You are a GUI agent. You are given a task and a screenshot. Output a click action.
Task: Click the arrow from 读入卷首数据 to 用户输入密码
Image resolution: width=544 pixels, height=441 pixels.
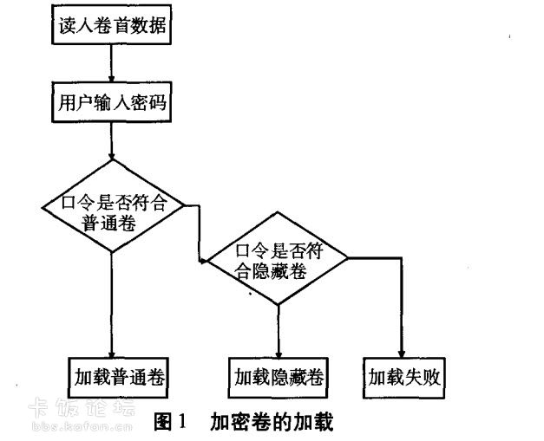coord(111,63)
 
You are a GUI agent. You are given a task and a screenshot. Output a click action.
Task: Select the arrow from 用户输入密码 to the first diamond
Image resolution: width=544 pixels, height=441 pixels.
coord(111,141)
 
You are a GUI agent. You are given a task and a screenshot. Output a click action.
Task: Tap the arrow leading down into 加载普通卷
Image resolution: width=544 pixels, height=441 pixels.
coord(111,305)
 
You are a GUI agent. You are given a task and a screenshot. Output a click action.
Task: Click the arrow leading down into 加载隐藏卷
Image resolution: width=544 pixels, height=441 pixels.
coord(279,331)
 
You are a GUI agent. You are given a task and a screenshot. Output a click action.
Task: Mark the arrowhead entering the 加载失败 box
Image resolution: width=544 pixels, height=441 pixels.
coord(402,354)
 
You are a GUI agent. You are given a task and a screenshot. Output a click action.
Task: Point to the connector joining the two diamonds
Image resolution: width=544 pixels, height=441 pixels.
coord(200,233)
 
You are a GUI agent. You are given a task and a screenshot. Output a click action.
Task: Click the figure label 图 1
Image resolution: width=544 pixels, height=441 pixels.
coord(170,421)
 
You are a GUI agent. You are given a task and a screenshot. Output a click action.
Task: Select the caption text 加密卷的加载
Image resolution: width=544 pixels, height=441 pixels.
coord(272,421)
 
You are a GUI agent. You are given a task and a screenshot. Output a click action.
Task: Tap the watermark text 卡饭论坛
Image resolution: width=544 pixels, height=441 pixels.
coord(82,406)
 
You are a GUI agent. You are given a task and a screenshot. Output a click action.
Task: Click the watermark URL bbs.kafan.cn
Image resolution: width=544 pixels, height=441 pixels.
coord(82,426)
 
